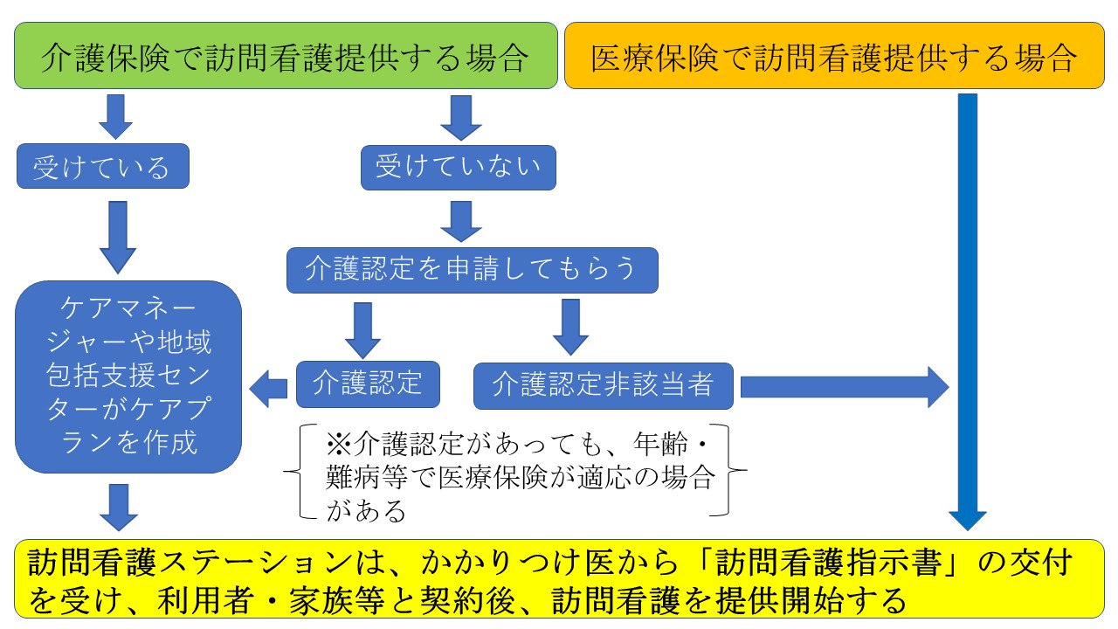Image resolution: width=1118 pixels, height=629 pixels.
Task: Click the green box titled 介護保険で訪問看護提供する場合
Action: coord(286,55)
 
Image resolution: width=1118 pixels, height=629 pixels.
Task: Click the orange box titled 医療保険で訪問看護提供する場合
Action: coord(834,55)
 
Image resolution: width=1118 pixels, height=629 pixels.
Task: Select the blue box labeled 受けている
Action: coord(103,166)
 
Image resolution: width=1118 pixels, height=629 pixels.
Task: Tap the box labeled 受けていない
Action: coord(459,168)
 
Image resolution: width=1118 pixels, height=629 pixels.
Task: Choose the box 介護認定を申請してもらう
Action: coord(473,270)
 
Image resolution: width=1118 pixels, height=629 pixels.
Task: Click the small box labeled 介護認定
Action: coord(368,384)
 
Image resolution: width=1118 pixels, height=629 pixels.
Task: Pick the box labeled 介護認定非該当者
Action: coord(604,386)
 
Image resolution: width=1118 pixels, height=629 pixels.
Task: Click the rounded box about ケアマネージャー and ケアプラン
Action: coord(128,377)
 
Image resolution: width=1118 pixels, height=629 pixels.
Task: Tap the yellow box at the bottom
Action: coord(559,579)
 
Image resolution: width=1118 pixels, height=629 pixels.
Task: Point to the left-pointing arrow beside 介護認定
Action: coord(268,389)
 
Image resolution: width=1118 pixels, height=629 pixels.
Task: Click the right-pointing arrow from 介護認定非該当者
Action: coord(845,387)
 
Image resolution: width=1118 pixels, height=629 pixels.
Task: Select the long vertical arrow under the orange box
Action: coord(968,312)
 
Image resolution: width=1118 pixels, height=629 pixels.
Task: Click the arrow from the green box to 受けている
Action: coord(116,117)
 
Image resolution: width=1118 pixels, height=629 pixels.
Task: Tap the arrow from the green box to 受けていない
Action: coord(460,118)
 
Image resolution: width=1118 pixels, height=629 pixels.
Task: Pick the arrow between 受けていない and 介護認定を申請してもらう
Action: coord(460,222)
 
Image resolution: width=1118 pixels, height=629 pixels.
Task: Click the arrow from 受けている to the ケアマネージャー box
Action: coord(118,238)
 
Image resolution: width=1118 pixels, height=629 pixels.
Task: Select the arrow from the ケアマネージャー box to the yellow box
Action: coord(119,508)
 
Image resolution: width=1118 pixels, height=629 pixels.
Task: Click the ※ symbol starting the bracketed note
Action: coord(339,444)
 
